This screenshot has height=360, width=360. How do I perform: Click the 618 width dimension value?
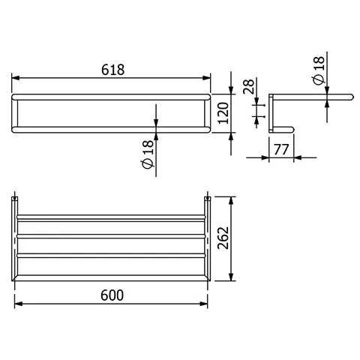[x=112, y=70]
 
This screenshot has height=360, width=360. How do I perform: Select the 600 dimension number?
[x=112, y=295]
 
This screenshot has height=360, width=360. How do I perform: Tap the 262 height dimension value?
[x=223, y=238]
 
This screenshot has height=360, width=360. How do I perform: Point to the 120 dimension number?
[x=223, y=113]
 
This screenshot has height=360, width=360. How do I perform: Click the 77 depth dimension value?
[x=281, y=149]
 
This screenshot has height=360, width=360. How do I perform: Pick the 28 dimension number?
[x=248, y=86]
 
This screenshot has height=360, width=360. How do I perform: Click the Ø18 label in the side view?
[x=318, y=70]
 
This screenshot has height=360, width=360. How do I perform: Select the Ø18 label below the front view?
[x=148, y=154]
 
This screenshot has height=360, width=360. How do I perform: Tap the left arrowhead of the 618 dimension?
[x=16, y=78]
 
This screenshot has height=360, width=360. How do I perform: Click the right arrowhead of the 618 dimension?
[x=207, y=78]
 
